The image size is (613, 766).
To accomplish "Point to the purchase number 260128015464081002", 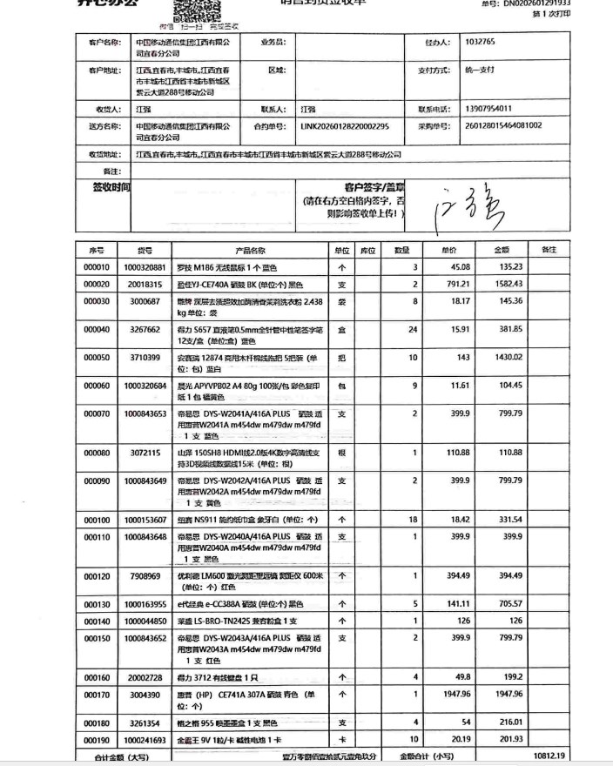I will (504, 126).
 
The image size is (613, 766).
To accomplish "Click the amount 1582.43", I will (508, 285).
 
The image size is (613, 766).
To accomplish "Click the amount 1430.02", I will (508, 358).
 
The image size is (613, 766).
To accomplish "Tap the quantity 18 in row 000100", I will (414, 520).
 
